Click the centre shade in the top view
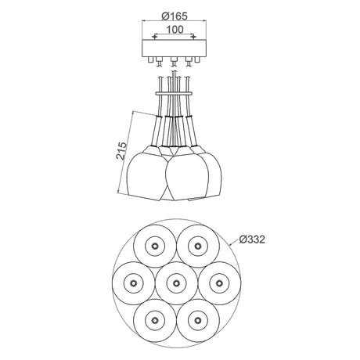pos(175,282)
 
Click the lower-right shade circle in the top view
pos(195,316)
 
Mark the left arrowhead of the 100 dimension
pos(157,35)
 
